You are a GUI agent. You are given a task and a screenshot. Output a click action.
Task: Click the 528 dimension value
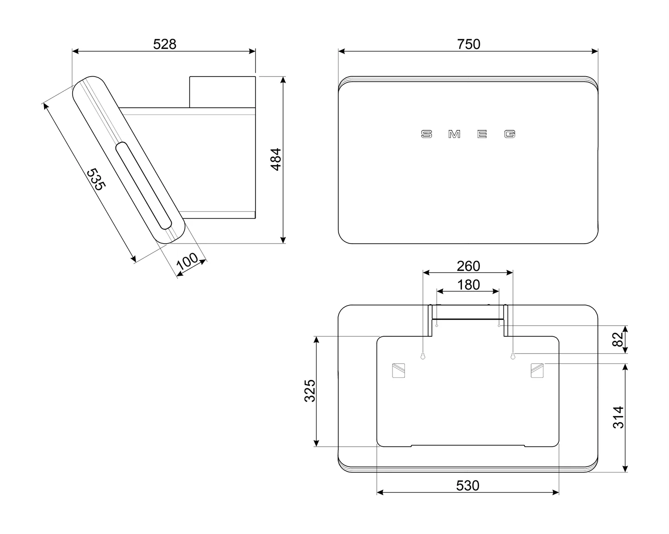[x=165, y=44]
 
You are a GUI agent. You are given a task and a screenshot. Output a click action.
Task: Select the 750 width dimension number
[x=468, y=44]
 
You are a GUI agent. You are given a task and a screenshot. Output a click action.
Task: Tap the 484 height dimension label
[x=276, y=159]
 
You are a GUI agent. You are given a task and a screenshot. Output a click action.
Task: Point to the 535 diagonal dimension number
[x=96, y=179]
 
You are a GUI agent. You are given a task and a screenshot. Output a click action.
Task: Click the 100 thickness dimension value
[x=187, y=261]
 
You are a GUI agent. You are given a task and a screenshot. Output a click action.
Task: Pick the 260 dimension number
[x=468, y=266]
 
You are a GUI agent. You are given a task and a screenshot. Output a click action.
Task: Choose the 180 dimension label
[x=468, y=285]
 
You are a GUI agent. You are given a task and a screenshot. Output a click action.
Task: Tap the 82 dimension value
[x=618, y=339]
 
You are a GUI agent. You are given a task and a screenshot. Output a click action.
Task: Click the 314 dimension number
[x=618, y=417]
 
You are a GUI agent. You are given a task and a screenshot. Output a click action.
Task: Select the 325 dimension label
[x=310, y=391]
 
